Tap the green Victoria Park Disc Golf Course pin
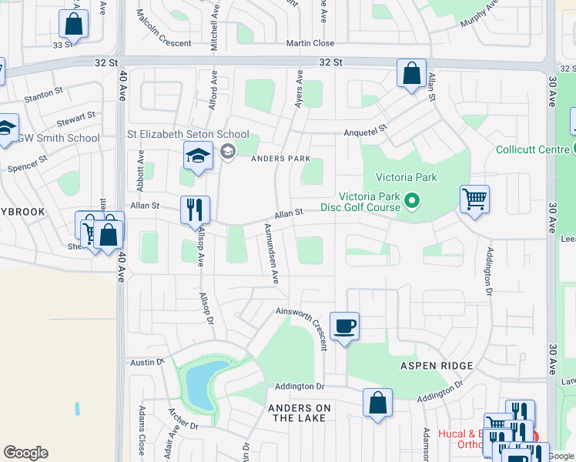click(x=412, y=202)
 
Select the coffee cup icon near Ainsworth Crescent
click(x=344, y=326)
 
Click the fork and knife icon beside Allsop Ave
click(x=195, y=209)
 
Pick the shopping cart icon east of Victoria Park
click(x=474, y=199)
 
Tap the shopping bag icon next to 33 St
click(x=74, y=25)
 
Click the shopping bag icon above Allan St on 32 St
click(x=412, y=74)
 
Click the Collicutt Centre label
click(x=532, y=149)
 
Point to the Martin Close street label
click(x=310, y=44)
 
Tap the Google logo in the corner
click(x=25, y=453)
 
